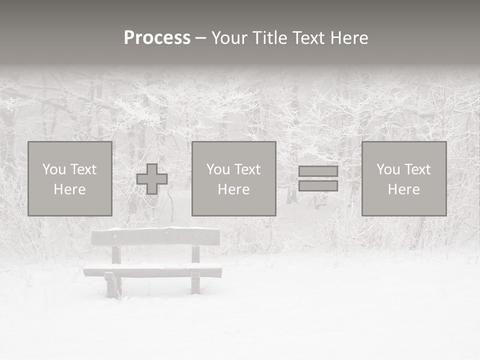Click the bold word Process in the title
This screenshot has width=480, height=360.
pos(157,38)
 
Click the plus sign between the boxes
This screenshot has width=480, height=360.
pos(152,179)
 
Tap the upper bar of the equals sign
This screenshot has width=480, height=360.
pos(318,171)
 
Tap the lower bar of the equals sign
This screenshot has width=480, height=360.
pos(318,185)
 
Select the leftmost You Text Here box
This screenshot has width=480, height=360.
pos(70,178)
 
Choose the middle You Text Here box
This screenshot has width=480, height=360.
pos(233,178)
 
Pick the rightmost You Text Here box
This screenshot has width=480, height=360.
pos(404,178)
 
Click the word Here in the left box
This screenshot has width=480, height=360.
pos(69,189)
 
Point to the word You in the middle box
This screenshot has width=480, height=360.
pos(218,169)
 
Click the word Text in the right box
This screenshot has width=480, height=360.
pos(417,169)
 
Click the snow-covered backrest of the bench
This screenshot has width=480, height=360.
pos(155,236)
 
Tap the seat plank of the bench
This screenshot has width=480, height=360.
pos(153,272)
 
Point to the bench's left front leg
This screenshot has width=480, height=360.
pos(110,286)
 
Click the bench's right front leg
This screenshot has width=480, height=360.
pos(195,284)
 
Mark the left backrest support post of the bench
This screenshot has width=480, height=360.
pos(116,254)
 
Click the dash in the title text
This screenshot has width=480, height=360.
pos(201,38)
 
